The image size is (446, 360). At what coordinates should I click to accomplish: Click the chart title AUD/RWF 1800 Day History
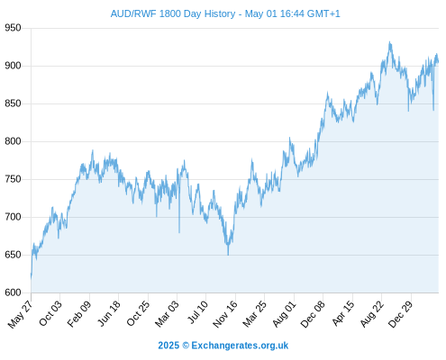(x=173, y=13)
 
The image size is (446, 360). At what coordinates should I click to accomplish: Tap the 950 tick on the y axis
(x=13, y=28)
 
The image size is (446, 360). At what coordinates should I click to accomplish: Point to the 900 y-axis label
(x=13, y=66)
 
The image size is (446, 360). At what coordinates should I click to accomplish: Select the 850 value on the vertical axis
(x=13, y=103)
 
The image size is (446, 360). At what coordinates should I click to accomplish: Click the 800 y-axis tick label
(x=13, y=141)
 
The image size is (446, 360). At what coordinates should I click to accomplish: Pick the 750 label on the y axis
(x=13, y=179)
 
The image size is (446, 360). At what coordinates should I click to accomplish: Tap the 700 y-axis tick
(x=13, y=217)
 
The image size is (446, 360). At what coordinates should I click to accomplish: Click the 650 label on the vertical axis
(x=13, y=255)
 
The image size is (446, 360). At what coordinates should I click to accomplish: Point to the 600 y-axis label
(x=13, y=292)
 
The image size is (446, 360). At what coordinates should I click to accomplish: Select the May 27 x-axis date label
(x=20, y=314)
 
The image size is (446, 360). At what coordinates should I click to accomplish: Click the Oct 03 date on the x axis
(x=50, y=313)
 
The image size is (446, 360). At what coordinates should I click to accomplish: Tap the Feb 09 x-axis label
(x=78, y=314)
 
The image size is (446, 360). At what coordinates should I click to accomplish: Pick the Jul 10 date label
(x=197, y=312)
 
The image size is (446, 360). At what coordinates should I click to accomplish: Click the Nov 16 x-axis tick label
(x=225, y=314)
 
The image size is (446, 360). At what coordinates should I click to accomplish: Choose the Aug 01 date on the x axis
(x=284, y=314)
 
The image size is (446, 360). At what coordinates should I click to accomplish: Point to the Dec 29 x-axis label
(x=400, y=314)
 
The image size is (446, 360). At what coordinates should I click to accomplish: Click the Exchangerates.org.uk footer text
(x=240, y=346)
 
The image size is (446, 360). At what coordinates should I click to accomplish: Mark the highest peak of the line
(x=389, y=42)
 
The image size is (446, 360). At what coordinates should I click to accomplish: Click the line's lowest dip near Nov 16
(x=228, y=255)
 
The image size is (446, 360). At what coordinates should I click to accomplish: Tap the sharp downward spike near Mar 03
(x=179, y=232)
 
